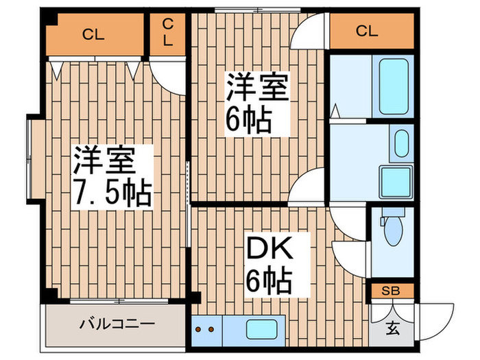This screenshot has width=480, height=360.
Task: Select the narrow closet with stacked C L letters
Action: coord(168,32)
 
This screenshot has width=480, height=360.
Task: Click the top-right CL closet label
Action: coord(367,31)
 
